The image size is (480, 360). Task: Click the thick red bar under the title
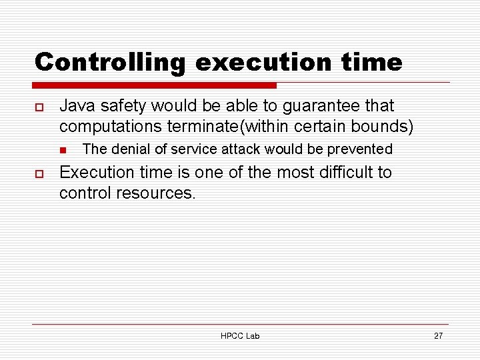155,85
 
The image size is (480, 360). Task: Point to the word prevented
359,149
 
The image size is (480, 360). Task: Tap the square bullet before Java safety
39,107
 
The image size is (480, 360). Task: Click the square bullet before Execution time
39,173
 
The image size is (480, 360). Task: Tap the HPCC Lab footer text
240,335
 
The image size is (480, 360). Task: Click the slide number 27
438,335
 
